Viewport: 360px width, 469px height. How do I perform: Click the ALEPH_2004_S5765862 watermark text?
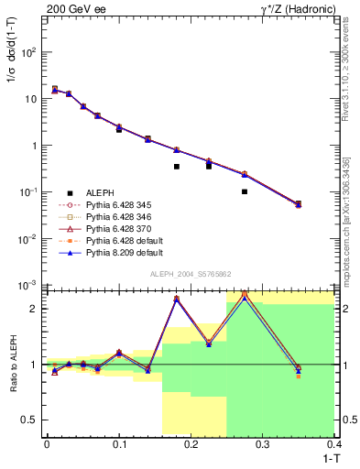[191, 274]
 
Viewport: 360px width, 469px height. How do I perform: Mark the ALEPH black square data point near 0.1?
[119, 129]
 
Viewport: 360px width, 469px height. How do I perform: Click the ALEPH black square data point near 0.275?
[245, 191]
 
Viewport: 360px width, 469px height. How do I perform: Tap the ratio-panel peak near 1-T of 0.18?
[176, 299]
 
